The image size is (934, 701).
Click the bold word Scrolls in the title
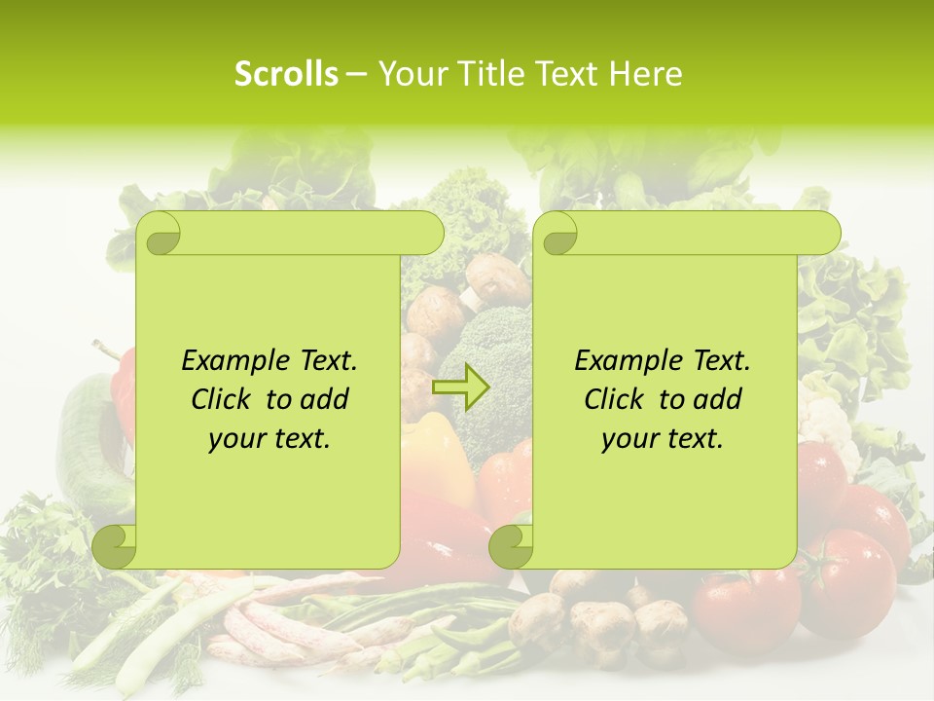[287, 74]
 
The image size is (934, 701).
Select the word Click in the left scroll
[225, 399]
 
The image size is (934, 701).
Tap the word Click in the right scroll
[618, 399]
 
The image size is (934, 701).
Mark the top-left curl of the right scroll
[558, 235]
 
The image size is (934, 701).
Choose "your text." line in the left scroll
[269, 438]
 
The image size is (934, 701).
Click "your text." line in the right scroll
[663, 438]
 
